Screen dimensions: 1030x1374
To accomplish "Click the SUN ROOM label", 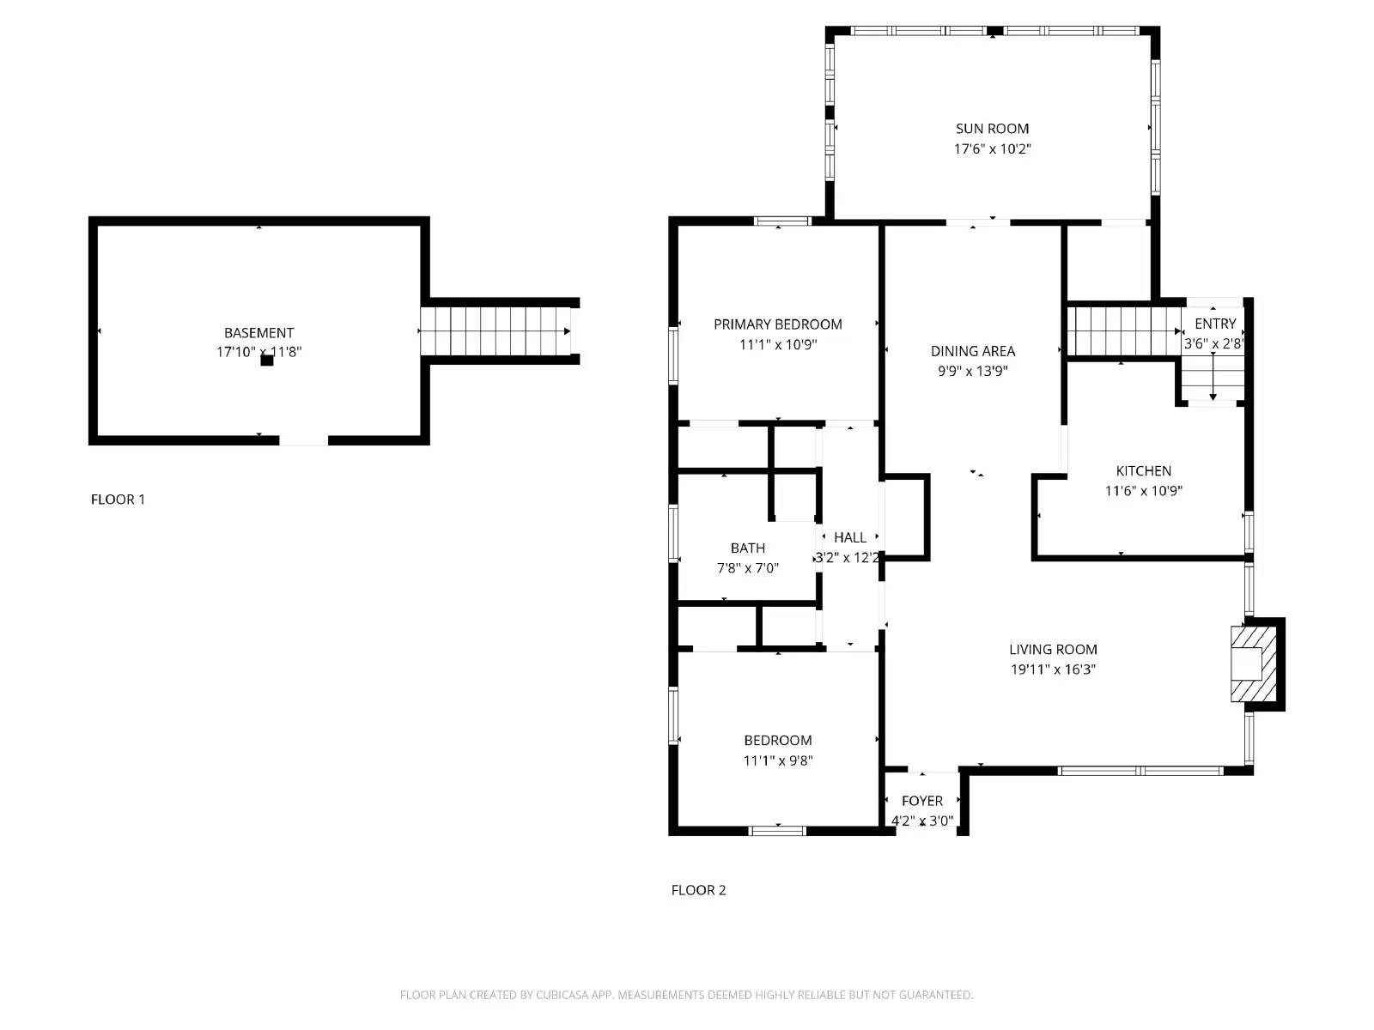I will (x=992, y=129).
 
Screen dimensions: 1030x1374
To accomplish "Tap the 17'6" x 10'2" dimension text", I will (x=992, y=148).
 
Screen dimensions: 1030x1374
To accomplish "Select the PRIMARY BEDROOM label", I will (x=777, y=324).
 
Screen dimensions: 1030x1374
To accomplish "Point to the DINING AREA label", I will (x=972, y=351).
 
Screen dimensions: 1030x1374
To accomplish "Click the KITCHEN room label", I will (x=1143, y=471).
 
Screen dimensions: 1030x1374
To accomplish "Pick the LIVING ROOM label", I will (x=1053, y=650).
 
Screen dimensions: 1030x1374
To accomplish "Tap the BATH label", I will (x=747, y=548).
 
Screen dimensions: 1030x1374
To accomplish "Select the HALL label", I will (x=849, y=538).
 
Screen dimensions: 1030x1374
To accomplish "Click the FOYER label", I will (x=921, y=801).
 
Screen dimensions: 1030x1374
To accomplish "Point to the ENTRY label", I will (x=1214, y=324).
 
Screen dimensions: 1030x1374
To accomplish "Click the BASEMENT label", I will (x=258, y=333).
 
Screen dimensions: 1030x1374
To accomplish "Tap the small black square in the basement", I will (x=267, y=360).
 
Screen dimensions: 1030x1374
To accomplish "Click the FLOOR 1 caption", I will (x=118, y=500).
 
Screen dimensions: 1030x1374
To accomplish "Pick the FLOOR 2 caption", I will (x=698, y=890).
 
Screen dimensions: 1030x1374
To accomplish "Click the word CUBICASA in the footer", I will (x=564, y=995).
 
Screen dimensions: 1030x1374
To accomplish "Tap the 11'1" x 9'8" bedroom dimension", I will (x=777, y=760).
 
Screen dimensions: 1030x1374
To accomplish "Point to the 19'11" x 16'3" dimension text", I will (x=1053, y=669).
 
